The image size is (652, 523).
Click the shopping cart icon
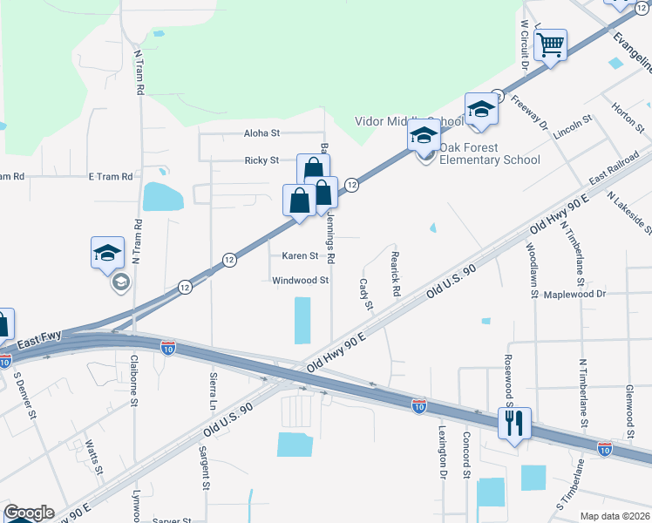coord(550,44)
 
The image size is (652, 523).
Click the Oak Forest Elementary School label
coord(489,153)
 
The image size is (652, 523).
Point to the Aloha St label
coord(261,133)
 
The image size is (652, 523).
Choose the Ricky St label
coord(261,160)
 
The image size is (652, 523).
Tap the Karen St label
coord(300,255)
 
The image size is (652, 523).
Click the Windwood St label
coord(300,281)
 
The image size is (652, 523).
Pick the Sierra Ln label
coord(212,390)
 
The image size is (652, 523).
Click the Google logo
coord(29,513)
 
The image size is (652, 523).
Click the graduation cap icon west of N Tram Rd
coord(107,254)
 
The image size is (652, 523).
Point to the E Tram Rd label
coord(111,176)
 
